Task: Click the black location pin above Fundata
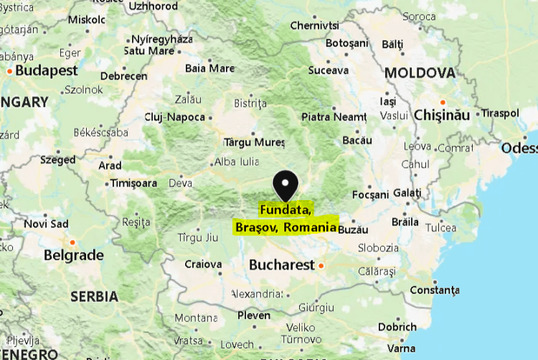click(286, 184)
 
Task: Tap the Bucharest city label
click(281, 265)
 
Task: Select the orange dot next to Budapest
click(9, 71)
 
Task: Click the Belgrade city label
click(73, 255)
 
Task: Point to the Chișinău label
click(441, 115)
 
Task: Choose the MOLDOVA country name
click(420, 73)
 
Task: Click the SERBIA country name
click(94, 296)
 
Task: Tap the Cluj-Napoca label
click(174, 117)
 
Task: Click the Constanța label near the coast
click(434, 290)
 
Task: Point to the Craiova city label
click(203, 264)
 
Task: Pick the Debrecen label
click(123, 76)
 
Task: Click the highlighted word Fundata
click(285, 210)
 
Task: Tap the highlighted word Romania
click(310, 227)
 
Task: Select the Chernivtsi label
click(315, 26)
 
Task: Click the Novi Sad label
click(46, 224)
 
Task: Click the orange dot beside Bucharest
click(321, 266)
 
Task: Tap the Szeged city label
click(58, 160)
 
